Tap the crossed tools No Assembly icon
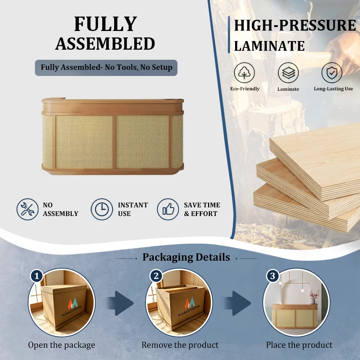click(x=28, y=210)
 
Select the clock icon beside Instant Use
click(x=102, y=210)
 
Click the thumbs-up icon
click(x=168, y=210)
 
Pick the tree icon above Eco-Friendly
click(x=244, y=73)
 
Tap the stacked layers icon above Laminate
click(x=288, y=73)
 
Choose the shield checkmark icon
click(x=332, y=73)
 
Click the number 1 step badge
click(x=37, y=276)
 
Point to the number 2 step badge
click(x=156, y=276)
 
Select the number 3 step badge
click(x=273, y=276)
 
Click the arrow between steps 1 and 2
click(x=120, y=303)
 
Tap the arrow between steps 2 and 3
click(x=238, y=303)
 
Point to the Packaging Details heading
click(x=186, y=257)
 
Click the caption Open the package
click(x=62, y=345)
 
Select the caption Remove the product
click(x=180, y=345)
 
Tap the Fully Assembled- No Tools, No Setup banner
click(x=106, y=68)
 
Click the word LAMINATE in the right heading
click(x=269, y=46)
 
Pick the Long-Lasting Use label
click(x=333, y=89)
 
